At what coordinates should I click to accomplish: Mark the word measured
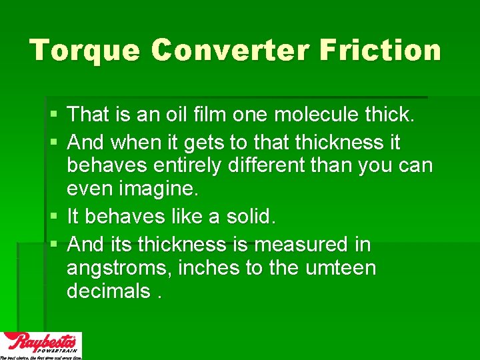pyautogui.click(x=294, y=245)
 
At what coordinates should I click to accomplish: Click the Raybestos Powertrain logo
pyautogui.click(x=41, y=345)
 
